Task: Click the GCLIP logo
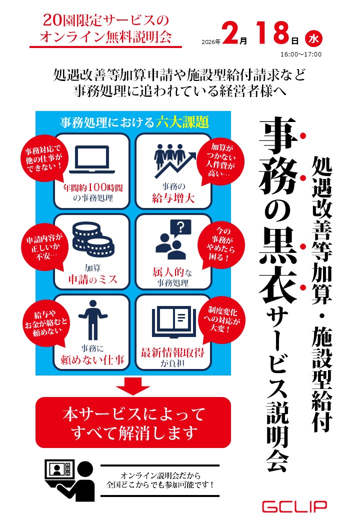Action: coord(295,506)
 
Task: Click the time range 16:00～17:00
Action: coord(301,54)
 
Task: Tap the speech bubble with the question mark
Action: coord(180,228)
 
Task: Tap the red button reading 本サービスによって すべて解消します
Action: coord(133,422)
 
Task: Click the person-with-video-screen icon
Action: coord(69,477)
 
